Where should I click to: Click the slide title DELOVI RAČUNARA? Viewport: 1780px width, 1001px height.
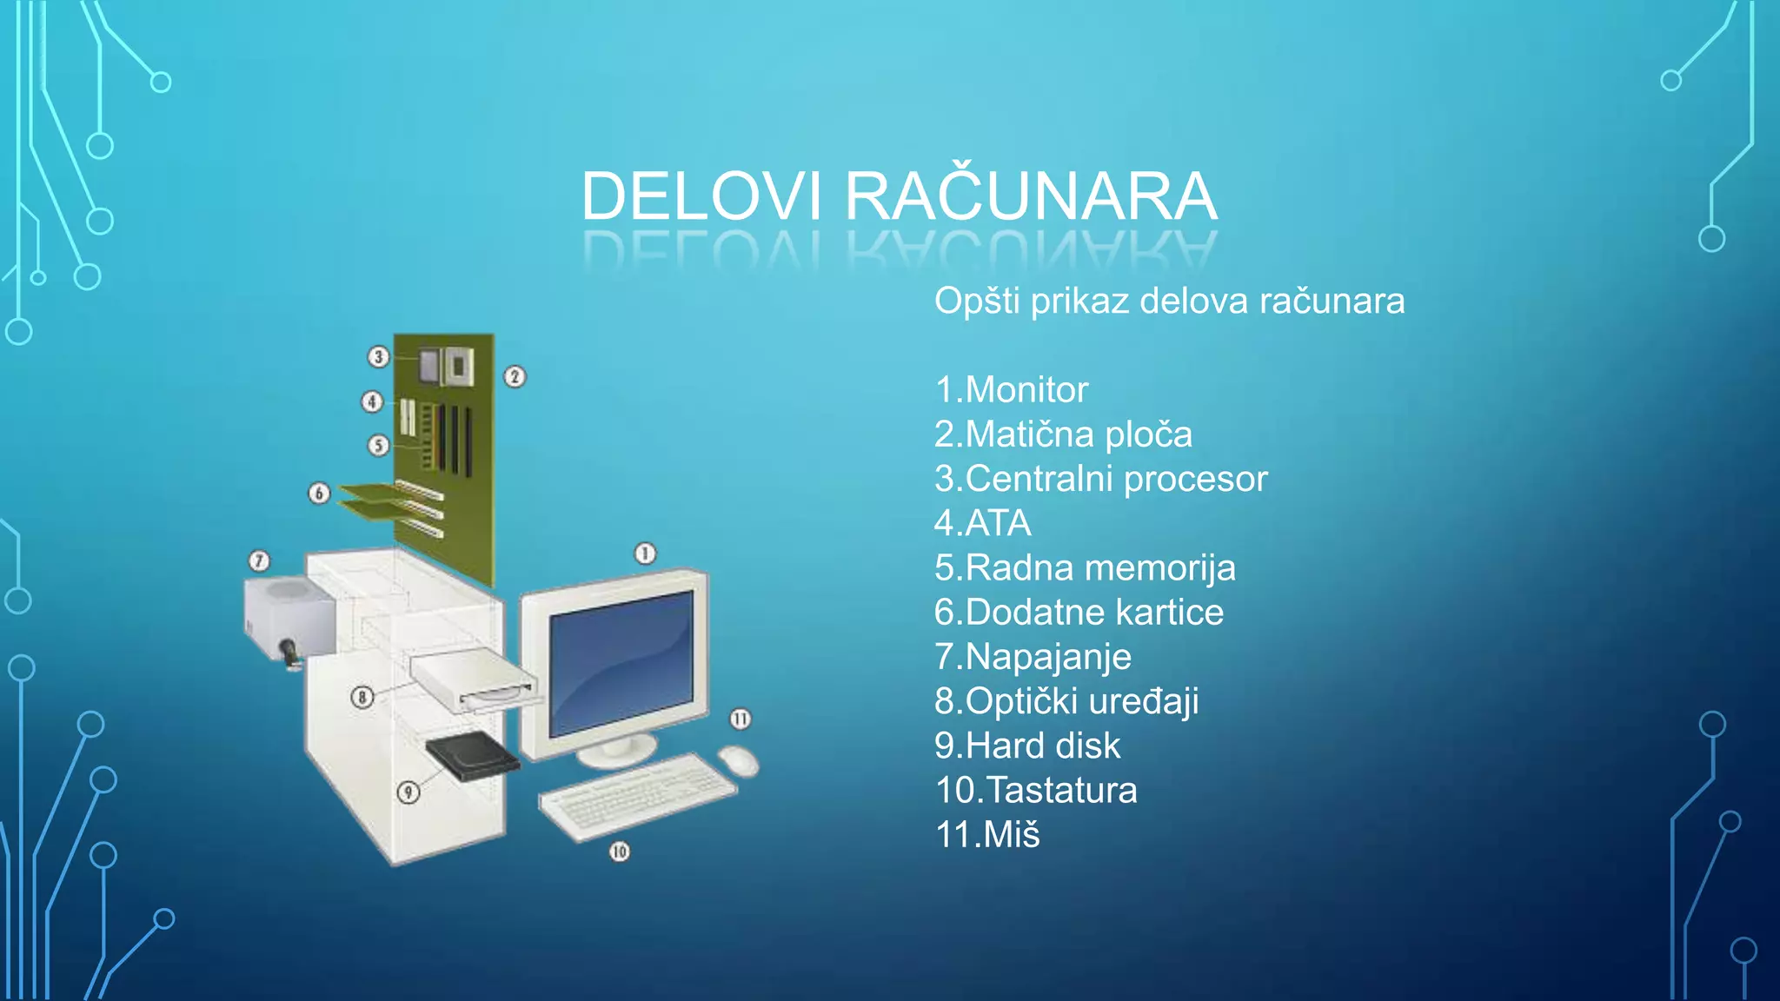coord(899,196)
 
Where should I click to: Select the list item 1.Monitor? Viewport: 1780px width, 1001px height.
coord(1011,389)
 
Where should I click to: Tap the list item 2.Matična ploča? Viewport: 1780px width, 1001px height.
coord(1062,434)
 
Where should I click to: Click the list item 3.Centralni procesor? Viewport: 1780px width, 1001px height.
coord(1100,479)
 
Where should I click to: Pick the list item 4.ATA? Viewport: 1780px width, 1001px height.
coord(982,523)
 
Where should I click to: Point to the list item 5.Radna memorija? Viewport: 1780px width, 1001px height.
coord(1084,568)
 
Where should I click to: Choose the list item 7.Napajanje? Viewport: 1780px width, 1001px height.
coord(1033,657)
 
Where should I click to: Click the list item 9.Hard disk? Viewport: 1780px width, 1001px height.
coord(1026,746)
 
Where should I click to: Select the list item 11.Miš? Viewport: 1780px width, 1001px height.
coord(986,835)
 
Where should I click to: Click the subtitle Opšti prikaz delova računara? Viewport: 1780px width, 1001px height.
coord(1169,302)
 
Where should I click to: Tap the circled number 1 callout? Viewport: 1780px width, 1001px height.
coord(645,554)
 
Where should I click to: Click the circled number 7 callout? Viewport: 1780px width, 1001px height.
coord(259,560)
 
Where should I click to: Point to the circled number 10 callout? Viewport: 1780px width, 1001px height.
coord(619,852)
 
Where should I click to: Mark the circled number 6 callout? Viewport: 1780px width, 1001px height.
coord(319,494)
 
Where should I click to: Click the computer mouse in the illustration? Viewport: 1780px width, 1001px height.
coord(738,760)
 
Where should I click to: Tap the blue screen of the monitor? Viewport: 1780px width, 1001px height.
coord(621,660)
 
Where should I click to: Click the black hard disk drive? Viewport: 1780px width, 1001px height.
coord(472,755)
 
